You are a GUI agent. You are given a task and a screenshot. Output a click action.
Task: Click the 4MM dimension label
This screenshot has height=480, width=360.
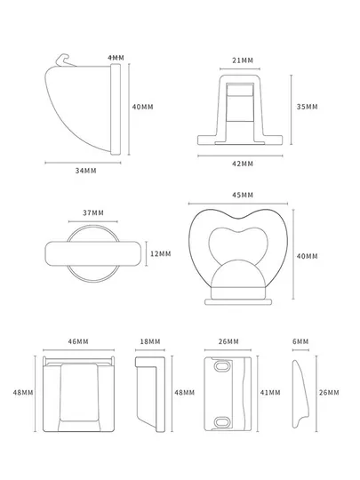point(116,58)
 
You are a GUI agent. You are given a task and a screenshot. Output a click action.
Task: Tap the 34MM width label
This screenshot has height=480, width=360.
point(85,171)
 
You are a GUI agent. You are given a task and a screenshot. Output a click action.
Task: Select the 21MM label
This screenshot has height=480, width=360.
point(243,60)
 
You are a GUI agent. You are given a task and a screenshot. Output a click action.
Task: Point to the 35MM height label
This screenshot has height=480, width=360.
point(307,107)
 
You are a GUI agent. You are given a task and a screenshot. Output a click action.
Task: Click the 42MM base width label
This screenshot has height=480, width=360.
point(243,164)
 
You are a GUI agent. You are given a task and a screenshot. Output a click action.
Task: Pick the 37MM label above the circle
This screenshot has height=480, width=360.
point(93,212)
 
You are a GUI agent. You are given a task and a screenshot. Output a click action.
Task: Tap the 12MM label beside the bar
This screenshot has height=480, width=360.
point(160,253)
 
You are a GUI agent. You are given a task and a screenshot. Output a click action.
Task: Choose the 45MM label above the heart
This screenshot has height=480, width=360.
point(243,195)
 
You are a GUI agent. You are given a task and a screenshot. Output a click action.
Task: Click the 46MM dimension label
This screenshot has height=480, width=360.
point(78,341)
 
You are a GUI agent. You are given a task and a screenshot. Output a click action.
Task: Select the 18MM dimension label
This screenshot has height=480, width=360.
point(150,341)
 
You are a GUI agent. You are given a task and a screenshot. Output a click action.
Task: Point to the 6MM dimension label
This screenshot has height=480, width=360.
point(300,341)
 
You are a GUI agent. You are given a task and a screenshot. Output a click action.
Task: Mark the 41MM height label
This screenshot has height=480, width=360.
point(270,393)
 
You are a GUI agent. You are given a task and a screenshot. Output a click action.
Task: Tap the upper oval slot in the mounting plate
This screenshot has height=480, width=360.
point(222,366)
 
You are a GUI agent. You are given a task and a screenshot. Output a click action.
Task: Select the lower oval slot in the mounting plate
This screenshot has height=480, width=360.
point(222,421)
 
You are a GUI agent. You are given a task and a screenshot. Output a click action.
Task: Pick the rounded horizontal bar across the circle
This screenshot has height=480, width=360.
point(93,253)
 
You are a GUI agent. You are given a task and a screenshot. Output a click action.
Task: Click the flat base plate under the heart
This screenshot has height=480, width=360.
point(238,302)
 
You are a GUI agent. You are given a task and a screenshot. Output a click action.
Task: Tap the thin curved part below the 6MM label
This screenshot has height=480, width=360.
point(300,394)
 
